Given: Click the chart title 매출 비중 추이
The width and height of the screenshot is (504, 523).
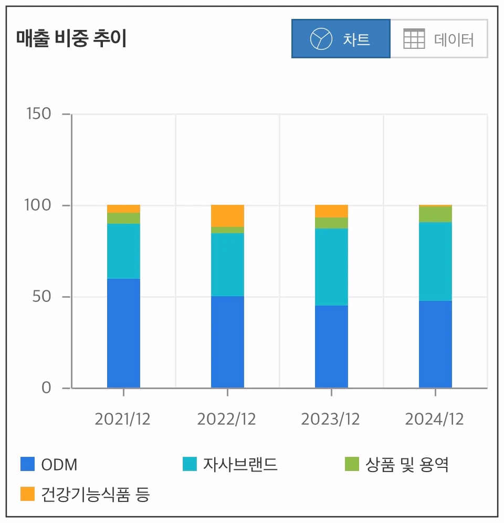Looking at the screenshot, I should point(71,39).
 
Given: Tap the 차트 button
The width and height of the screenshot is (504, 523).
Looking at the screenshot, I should point(341,39).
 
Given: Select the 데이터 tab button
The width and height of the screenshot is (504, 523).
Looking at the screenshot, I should point(439,39).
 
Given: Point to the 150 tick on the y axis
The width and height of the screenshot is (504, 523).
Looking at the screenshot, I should point(38,113).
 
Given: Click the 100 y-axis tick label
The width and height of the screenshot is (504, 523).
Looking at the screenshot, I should point(38,205).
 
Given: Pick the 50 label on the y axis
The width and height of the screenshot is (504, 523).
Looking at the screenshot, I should point(42,296).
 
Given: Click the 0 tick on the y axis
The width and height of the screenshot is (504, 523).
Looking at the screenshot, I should point(46,388).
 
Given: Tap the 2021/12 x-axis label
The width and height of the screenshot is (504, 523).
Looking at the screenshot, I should point(123,419).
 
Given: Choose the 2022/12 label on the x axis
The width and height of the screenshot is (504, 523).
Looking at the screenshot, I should point(227,419).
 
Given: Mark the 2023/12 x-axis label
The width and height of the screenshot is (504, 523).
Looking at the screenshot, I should point(331,419).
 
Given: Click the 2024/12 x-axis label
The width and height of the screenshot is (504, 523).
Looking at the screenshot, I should point(435,419).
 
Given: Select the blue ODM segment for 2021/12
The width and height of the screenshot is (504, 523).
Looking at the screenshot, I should point(123,333).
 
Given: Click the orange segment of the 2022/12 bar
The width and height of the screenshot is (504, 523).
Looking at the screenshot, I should point(227,215).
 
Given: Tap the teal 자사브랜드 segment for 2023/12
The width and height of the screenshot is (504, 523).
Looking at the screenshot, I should point(331,267).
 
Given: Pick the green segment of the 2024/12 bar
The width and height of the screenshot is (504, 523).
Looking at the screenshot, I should point(435,214).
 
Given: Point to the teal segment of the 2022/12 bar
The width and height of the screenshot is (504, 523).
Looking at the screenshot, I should point(227,264).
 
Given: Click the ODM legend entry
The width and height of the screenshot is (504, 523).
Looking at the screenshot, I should point(49,465).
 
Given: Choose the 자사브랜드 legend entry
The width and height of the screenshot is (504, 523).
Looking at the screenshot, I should point(230,465).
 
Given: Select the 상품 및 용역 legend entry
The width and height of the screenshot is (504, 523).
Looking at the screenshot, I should point(396,465).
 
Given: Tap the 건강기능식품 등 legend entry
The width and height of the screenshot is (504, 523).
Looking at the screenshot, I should point(85,494).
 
